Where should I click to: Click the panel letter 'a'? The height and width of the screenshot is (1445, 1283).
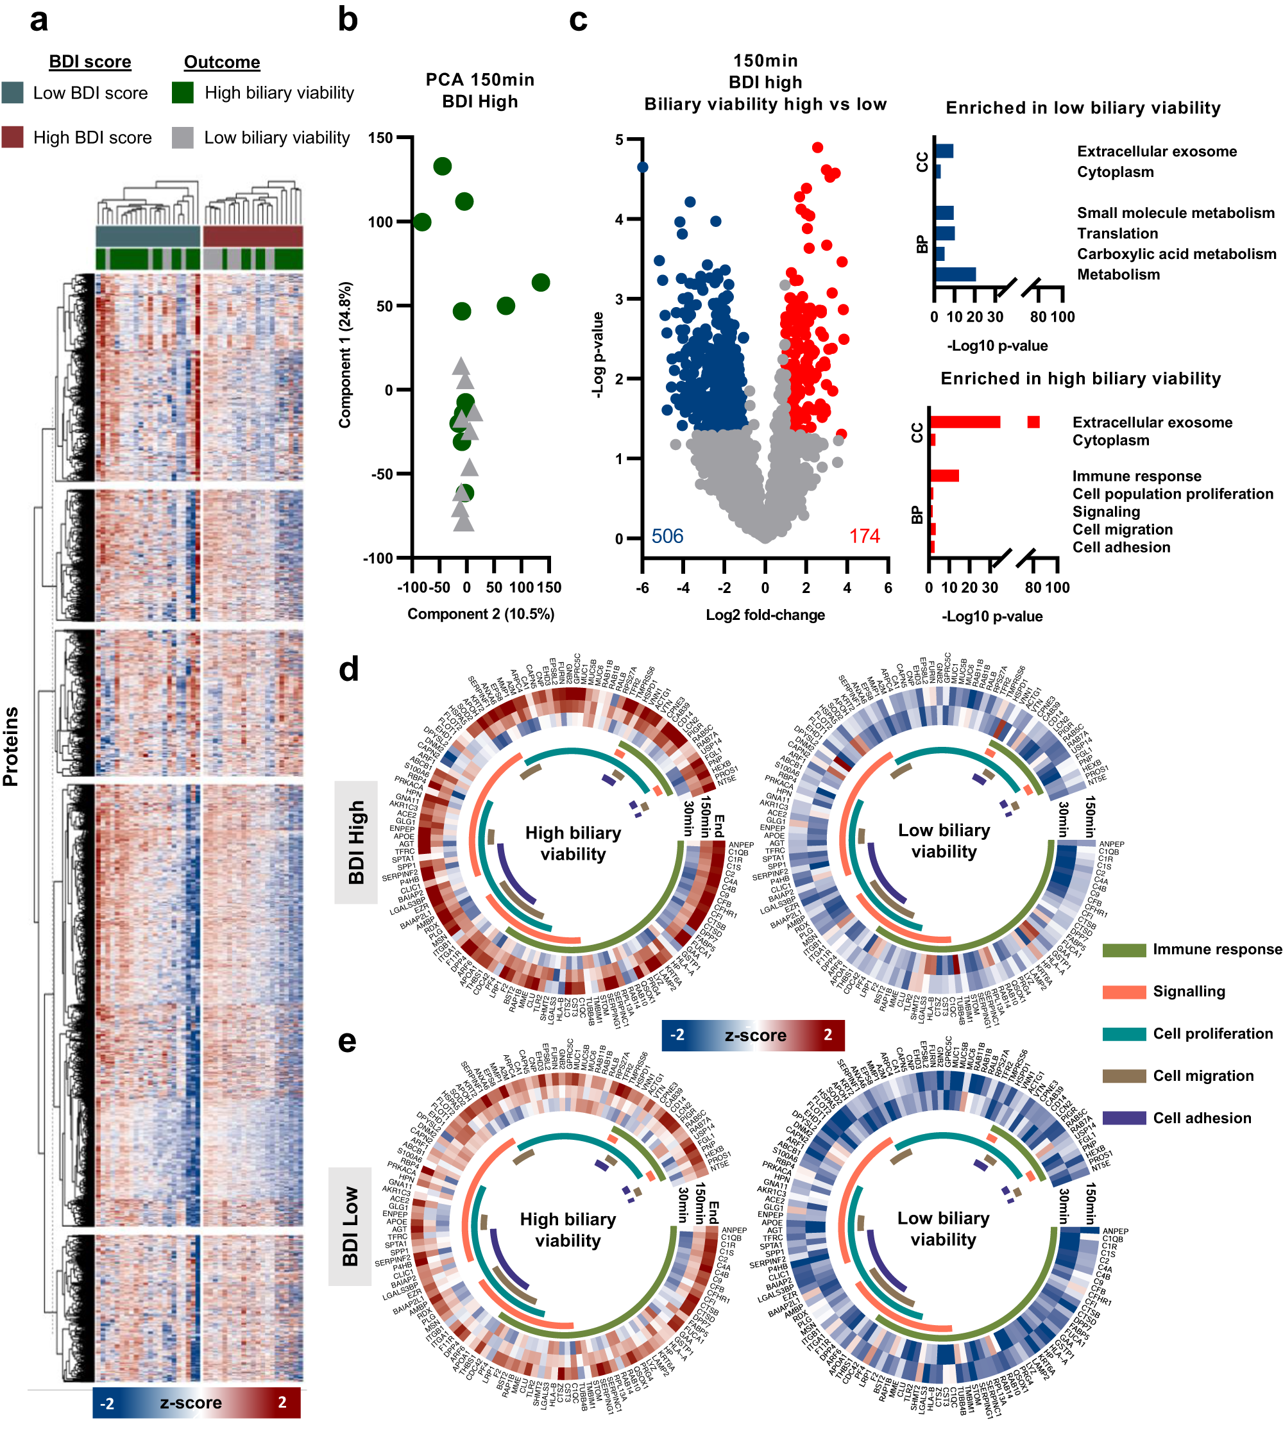point(38,20)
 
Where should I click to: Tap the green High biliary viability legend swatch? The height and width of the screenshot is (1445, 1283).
point(182,92)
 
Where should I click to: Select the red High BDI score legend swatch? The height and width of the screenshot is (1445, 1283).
point(12,137)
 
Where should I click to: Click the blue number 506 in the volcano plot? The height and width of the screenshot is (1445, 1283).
point(667,536)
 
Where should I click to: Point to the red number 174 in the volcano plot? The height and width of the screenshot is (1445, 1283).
point(864,536)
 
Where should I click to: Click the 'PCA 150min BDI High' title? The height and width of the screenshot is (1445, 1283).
point(480,90)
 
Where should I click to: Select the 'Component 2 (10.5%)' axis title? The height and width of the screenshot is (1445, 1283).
point(480,614)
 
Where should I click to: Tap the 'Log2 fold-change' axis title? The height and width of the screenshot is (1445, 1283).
point(765,614)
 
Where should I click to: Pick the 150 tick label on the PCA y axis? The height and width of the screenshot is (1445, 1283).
point(380,138)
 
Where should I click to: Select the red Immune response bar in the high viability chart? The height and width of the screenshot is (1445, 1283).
point(944,476)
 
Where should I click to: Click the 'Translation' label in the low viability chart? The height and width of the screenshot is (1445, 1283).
point(1117,233)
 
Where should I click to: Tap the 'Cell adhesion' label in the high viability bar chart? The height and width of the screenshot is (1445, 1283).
point(1121,547)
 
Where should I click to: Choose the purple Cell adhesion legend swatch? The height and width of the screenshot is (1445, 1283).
point(1124,1117)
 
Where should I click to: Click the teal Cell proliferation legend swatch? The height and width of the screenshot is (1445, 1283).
point(1124,1033)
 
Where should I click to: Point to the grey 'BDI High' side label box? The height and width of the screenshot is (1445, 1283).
point(356,841)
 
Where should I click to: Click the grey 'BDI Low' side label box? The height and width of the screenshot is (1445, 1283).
point(350,1226)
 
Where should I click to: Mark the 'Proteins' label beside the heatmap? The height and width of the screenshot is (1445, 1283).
point(11,746)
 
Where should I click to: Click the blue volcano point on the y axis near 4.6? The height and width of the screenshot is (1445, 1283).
point(642,167)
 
